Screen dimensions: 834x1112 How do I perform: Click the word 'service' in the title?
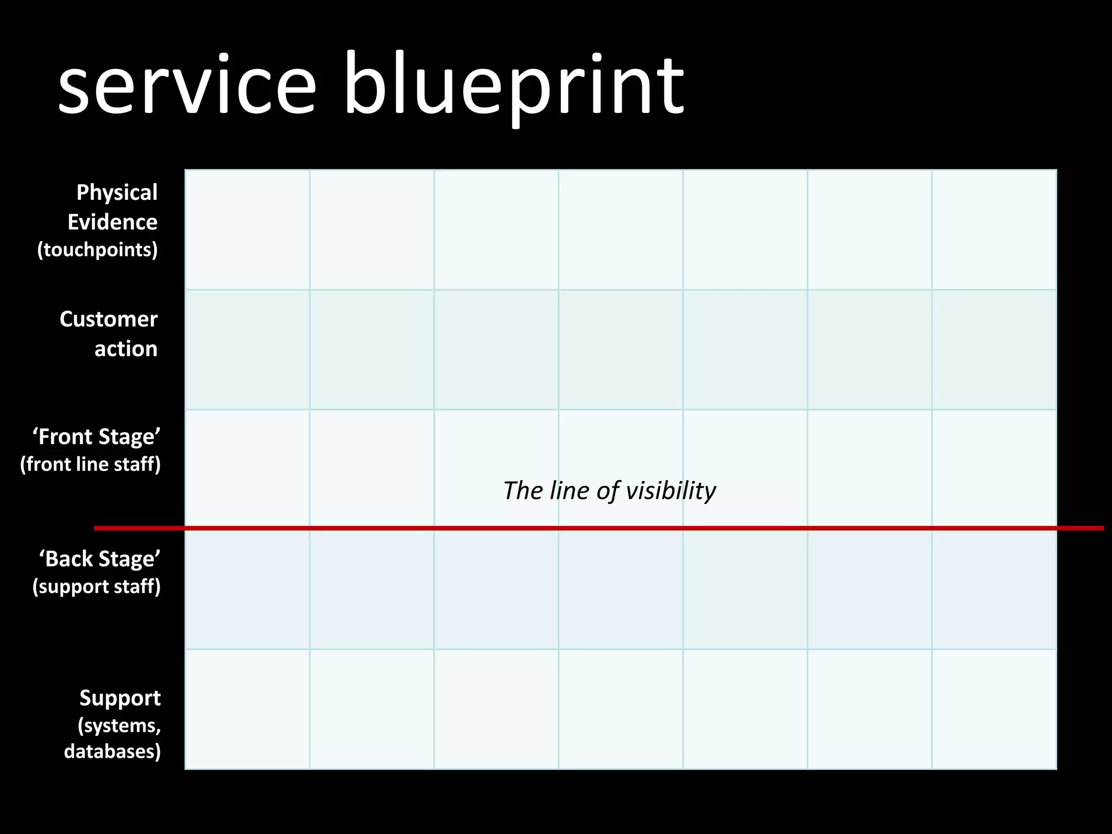tap(187, 86)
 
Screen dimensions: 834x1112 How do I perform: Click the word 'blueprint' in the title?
tap(513, 86)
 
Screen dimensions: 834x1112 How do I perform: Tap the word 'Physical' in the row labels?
tap(117, 193)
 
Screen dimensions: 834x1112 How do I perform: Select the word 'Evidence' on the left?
tap(112, 222)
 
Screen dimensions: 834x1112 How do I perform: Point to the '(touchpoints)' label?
tap(98, 250)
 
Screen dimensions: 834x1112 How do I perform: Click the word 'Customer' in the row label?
tap(109, 319)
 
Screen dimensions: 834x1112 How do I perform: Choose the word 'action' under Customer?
tap(126, 349)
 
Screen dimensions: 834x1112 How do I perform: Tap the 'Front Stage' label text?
tap(97, 437)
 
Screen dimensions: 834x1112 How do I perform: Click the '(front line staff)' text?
tap(91, 465)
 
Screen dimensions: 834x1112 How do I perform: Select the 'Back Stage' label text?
tap(100, 559)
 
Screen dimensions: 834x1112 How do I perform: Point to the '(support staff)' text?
tap(97, 587)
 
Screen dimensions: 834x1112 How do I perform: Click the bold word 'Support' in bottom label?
tap(120, 698)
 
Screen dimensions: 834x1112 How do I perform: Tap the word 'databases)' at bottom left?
tap(112, 751)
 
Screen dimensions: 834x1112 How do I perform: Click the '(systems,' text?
tap(119, 725)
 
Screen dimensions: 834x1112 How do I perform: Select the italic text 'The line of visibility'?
tap(609, 491)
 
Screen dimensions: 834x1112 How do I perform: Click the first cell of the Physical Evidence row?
tap(248, 230)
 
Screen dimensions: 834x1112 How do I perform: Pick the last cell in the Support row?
tap(994, 709)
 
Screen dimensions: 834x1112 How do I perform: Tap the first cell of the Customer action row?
tap(248, 350)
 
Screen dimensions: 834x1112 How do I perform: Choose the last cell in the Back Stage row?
tap(994, 590)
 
